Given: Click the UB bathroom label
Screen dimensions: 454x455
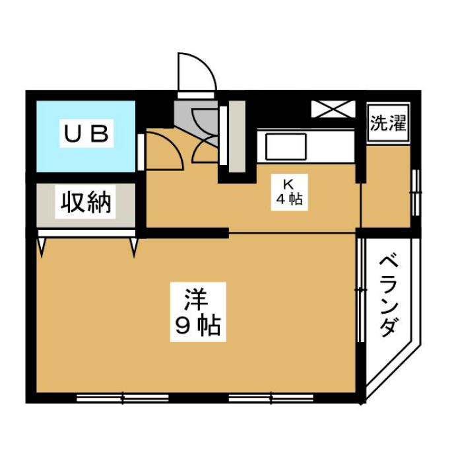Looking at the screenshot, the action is tap(86, 133).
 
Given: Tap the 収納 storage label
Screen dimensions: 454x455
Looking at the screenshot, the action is tap(86, 202).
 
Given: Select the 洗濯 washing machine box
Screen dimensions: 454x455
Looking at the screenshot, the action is tap(388, 123).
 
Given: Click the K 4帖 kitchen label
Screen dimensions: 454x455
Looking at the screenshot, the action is tap(289, 192).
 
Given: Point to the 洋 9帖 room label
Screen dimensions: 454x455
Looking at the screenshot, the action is tap(198, 312).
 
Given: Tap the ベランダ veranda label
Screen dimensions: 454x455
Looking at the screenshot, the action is tap(388, 296).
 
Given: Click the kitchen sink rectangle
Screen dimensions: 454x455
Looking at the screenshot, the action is tap(286, 147).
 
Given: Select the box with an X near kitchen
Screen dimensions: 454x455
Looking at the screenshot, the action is tap(333, 109).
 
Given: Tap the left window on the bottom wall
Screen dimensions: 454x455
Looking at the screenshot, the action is tap(123, 398).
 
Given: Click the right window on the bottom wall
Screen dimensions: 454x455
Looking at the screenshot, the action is tap(271, 398).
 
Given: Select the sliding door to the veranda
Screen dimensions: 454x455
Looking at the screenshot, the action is tap(360, 290).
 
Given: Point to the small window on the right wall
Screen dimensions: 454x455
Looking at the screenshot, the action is tap(416, 193).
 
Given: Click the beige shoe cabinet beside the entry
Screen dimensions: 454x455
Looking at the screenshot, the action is tap(237, 137).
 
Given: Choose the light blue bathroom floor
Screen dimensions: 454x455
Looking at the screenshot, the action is tap(86, 137).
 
